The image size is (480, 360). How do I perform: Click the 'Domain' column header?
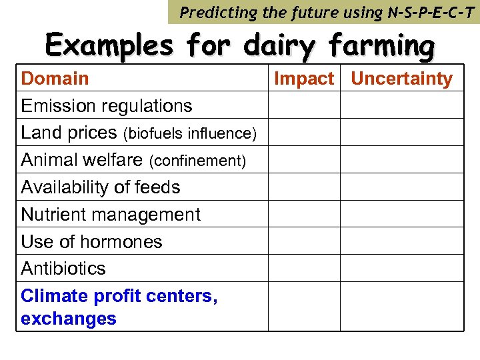pos(55,79)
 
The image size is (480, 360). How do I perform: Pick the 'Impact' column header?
pos(304,79)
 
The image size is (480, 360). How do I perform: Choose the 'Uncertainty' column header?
pos(401,79)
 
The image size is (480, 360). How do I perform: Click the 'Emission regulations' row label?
pos(107,106)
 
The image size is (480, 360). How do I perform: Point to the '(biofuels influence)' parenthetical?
pos(190,134)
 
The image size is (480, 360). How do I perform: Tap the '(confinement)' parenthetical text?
pos(197,161)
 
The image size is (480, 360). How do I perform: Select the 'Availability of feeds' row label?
pos(101,187)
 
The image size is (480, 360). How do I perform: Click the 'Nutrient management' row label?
pos(111,215)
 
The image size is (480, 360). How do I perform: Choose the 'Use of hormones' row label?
pos(91,241)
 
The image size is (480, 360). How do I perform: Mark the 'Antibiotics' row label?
pos(63,269)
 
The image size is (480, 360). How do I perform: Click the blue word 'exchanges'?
pos(69,319)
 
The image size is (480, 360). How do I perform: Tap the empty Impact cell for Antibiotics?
pos(304,268)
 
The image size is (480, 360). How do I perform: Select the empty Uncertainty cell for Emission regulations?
pos(401,105)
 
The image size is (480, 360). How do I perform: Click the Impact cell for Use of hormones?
pos(304,241)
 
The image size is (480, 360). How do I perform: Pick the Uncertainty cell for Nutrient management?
pos(401,213)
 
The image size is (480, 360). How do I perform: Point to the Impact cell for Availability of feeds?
pos(304,187)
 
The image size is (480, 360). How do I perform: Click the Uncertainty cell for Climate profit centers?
pos(401,307)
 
